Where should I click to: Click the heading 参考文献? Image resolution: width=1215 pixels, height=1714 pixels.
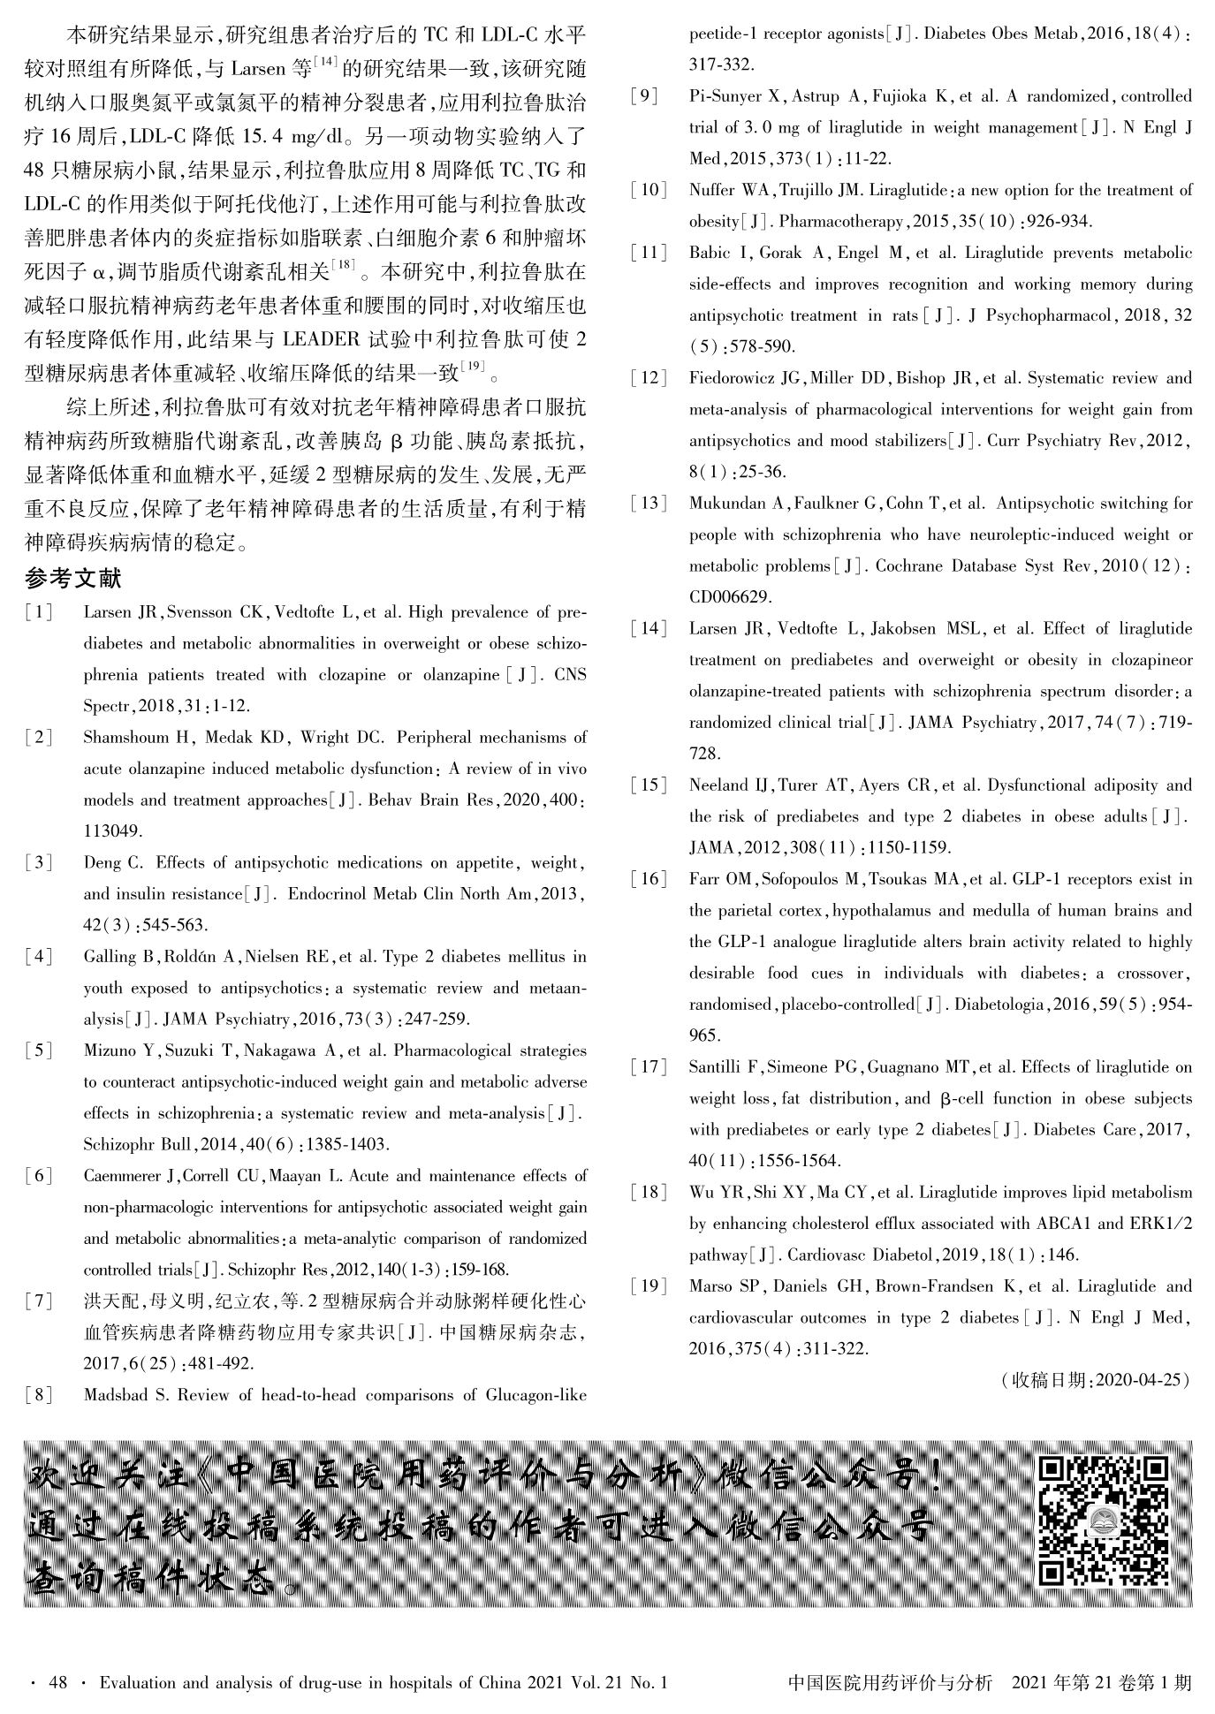click(x=73, y=580)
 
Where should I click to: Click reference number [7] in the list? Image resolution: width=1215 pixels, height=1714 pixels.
click(x=39, y=1301)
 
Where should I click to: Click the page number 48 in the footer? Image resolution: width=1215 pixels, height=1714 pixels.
click(x=58, y=1683)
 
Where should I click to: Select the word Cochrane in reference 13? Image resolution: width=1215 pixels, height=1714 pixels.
click(x=909, y=566)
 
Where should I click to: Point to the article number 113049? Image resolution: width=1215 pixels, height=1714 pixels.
click(x=113, y=831)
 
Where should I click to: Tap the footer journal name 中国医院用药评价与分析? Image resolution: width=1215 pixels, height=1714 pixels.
click(x=890, y=1683)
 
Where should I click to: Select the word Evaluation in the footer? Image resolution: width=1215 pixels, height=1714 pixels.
click(x=137, y=1683)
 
